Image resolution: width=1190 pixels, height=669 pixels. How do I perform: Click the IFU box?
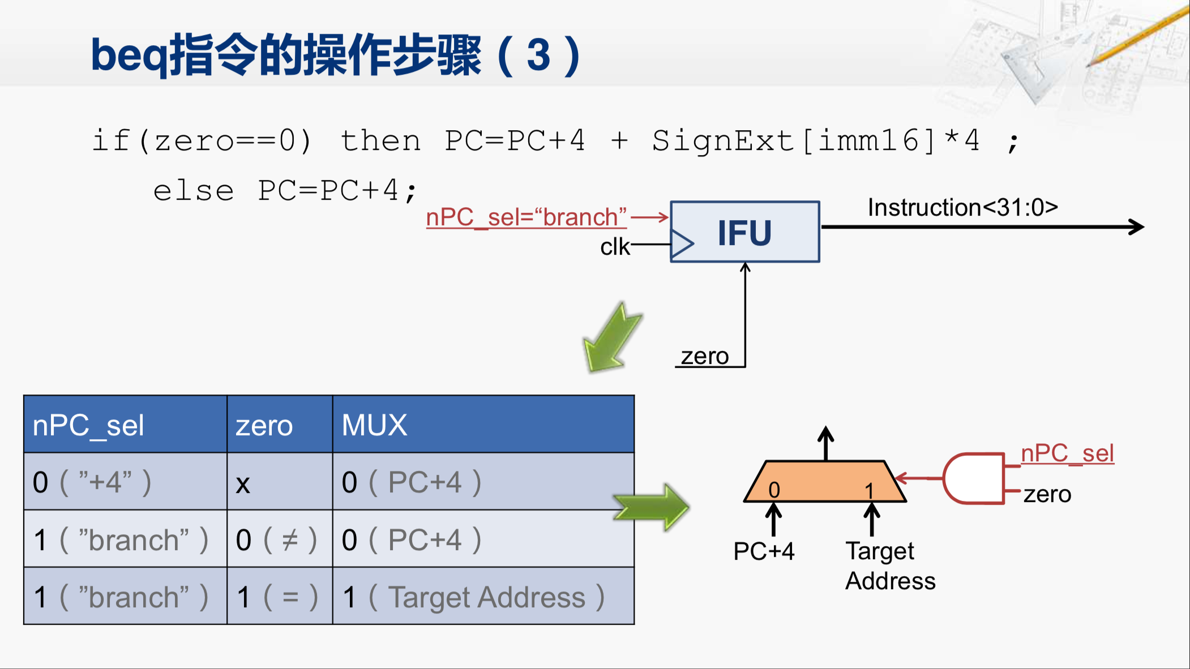(x=744, y=232)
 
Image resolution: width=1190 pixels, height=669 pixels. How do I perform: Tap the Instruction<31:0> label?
(x=962, y=208)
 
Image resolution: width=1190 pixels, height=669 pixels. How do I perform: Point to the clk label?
(x=615, y=247)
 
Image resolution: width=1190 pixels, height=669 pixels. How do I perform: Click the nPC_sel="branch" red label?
(x=526, y=217)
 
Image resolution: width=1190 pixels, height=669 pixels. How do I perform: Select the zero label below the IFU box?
(x=704, y=357)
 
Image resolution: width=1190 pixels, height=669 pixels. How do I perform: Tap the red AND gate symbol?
(x=973, y=478)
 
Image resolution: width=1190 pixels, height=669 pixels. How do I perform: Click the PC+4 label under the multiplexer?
(x=764, y=551)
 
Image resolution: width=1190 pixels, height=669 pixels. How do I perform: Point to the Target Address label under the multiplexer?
(x=889, y=565)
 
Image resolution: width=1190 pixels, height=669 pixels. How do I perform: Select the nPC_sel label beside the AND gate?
(x=1067, y=453)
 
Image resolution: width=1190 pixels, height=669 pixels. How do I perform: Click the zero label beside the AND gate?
(x=1047, y=495)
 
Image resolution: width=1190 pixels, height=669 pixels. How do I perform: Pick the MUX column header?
(x=374, y=425)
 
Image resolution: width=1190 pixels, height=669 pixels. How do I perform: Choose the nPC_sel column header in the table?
(x=88, y=426)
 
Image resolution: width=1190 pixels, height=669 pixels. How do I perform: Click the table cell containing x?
(x=279, y=482)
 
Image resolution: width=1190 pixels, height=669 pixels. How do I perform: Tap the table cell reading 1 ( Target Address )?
(x=483, y=597)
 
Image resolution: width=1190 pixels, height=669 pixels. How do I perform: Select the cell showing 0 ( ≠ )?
(x=279, y=539)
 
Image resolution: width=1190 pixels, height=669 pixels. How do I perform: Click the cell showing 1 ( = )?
(x=279, y=597)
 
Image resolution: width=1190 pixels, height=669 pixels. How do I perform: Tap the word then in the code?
(x=380, y=140)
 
